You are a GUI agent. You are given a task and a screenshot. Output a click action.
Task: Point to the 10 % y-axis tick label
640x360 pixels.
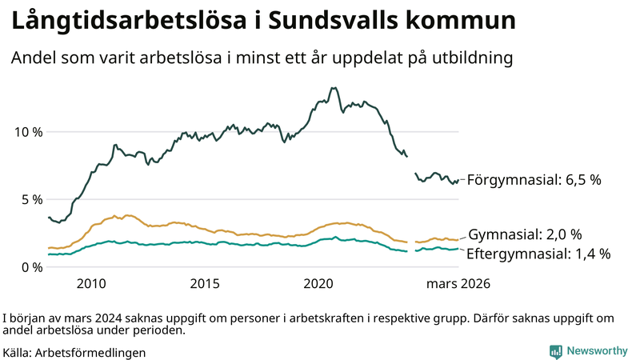[x=26, y=131]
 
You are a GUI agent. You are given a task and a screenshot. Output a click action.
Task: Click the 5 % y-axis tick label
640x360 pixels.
[x=30, y=199]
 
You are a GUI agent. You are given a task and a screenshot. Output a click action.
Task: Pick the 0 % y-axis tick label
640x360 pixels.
[x=30, y=266]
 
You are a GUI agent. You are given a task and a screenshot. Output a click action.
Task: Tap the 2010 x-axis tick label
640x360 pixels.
[x=91, y=283]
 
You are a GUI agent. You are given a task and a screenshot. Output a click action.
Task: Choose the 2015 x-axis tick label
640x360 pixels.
[x=205, y=283]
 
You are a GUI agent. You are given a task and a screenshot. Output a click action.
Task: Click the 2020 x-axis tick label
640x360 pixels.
[x=319, y=283]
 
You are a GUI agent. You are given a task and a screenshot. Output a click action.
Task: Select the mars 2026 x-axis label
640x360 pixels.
[x=458, y=283]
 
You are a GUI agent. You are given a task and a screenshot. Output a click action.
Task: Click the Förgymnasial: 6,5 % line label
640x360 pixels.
[x=534, y=180]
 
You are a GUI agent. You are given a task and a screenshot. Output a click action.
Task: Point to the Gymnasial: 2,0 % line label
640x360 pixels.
[x=524, y=234]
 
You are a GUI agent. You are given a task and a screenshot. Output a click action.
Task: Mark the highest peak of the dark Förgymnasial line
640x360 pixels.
[x=334, y=88]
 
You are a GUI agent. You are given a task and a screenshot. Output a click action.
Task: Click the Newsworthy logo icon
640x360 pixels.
[x=555, y=350]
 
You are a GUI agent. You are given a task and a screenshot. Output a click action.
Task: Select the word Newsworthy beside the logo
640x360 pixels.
[x=597, y=350]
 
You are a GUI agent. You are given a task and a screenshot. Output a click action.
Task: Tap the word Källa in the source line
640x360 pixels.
[x=18, y=351]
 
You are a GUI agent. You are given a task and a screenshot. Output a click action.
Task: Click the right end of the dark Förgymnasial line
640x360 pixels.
[x=458, y=180]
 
